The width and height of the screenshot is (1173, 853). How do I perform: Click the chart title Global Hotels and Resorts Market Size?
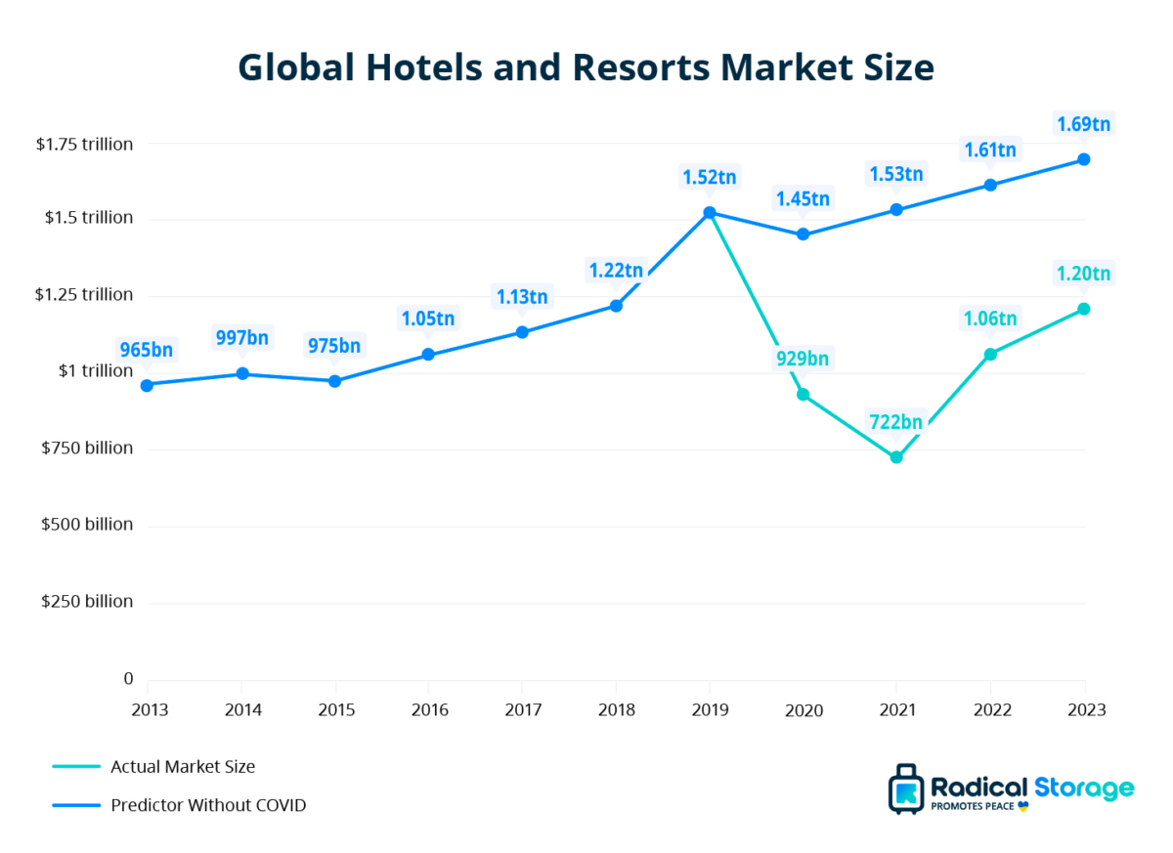(x=586, y=68)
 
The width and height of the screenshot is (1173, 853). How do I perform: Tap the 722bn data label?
(x=896, y=422)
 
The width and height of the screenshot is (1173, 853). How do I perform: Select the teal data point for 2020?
(x=803, y=395)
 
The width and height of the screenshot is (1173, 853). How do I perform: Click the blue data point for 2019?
(x=710, y=212)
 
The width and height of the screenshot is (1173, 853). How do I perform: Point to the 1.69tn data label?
(x=1083, y=124)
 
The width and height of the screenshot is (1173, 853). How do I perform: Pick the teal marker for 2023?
(x=1084, y=309)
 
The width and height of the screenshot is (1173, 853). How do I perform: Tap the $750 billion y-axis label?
(x=85, y=448)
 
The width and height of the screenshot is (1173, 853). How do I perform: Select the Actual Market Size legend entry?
(x=183, y=767)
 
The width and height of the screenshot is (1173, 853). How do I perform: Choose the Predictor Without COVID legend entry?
(x=208, y=806)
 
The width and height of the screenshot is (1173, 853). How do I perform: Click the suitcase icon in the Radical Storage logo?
(x=905, y=790)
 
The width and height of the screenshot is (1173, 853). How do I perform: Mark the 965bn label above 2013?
(x=146, y=349)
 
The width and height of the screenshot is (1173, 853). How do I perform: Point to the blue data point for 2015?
(x=334, y=381)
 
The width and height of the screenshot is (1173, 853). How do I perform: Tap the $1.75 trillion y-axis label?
(x=84, y=144)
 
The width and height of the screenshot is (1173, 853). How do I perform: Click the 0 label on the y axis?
(x=127, y=679)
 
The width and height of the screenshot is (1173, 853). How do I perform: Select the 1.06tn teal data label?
(x=989, y=318)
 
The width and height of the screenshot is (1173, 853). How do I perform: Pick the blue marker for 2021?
(x=896, y=210)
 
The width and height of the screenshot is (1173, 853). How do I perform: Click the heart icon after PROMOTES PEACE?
(x=1023, y=807)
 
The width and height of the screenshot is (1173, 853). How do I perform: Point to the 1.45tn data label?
(x=803, y=199)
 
